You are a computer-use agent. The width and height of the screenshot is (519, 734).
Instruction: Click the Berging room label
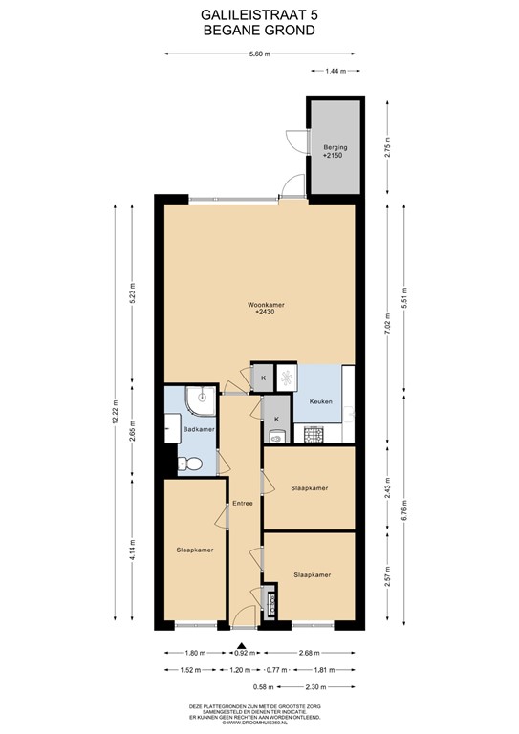point(335,148)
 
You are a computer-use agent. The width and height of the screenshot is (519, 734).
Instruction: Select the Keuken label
point(320,402)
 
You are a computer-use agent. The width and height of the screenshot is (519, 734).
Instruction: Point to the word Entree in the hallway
point(240,503)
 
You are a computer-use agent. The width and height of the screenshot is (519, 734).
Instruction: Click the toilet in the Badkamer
point(191,464)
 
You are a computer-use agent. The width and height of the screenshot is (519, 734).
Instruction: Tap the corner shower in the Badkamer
point(200,400)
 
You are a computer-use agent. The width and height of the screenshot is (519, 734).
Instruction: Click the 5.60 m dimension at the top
point(260,54)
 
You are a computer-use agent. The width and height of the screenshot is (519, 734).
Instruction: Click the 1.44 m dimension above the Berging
point(334,73)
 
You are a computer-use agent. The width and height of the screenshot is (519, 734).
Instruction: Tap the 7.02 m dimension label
point(387,336)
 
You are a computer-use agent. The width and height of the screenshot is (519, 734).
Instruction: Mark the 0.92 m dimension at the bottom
point(245,654)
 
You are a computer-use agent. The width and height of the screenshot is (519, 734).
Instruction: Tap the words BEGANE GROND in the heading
point(260,30)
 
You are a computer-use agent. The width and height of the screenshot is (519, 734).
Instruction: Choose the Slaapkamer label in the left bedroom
point(195,550)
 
